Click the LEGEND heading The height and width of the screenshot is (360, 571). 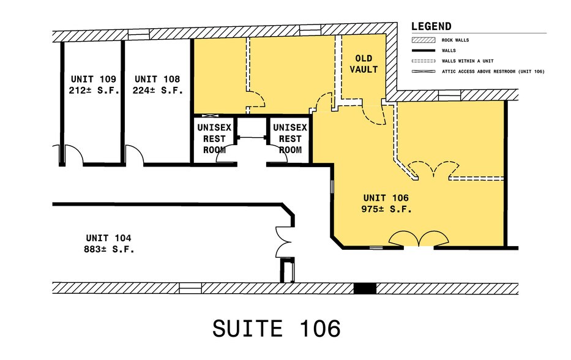coord(431,26)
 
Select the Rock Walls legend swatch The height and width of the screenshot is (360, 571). coord(422,40)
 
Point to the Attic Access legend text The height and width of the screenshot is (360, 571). coord(493,72)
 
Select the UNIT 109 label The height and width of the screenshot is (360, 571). coord(94,79)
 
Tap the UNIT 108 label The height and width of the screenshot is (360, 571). coord(157,79)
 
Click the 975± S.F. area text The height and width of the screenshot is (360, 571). coord(386,209)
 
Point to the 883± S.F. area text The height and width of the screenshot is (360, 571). coord(108,249)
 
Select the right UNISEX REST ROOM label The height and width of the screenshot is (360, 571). coord(289,138)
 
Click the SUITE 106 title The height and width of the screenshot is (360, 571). coord(277,328)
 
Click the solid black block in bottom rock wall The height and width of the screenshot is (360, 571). coord(365,288)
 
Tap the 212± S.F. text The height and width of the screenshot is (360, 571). coord(94,90)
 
